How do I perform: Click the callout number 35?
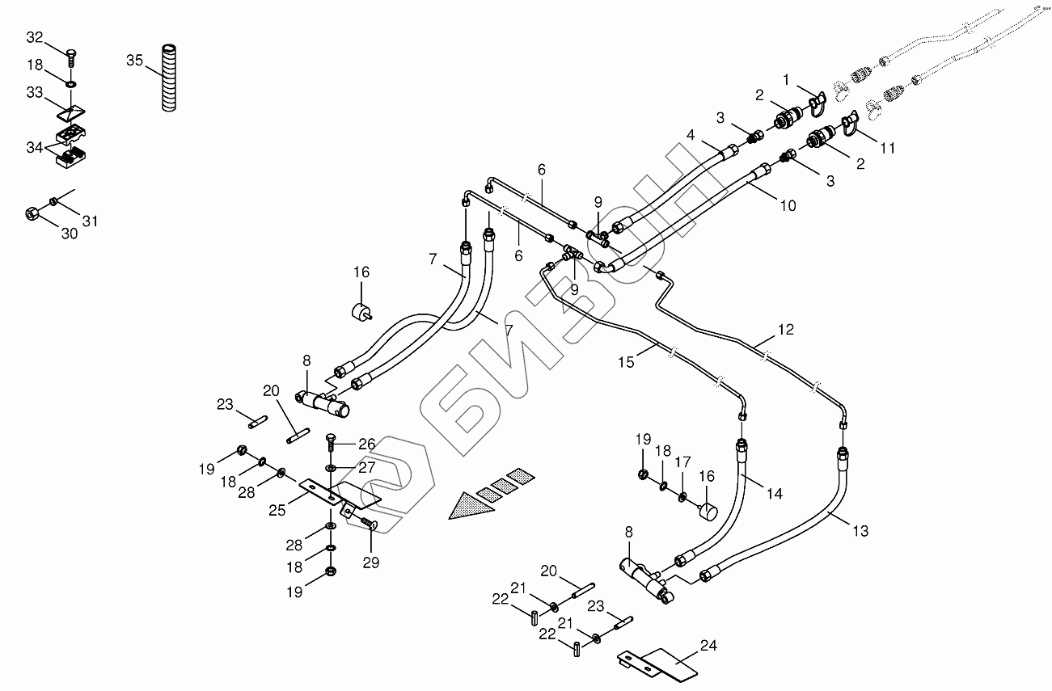(x=135, y=61)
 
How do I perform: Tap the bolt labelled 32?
(x=71, y=57)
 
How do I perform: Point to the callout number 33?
(x=35, y=94)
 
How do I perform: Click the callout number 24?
(x=708, y=646)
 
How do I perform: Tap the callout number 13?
(x=860, y=531)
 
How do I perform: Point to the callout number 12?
(x=786, y=330)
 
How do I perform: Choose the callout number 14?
(x=775, y=494)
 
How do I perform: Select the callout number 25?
(x=278, y=512)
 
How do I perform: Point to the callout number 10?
(x=788, y=205)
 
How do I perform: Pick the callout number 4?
(x=691, y=135)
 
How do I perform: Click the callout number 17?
(x=683, y=463)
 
